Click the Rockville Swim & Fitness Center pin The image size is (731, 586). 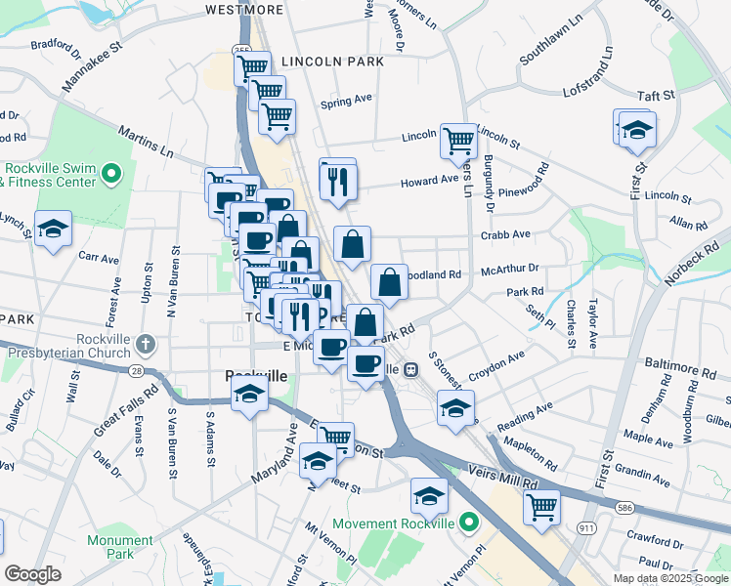(x=111, y=175)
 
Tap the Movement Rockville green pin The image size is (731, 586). (x=469, y=523)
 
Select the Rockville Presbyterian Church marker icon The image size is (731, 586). (x=146, y=344)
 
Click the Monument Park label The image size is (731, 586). (x=119, y=546)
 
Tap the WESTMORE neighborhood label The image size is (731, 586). (x=244, y=10)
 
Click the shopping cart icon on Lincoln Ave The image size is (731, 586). (x=458, y=140)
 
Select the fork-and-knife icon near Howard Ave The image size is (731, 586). (x=338, y=179)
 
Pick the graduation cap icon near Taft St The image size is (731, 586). (x=636, y=129)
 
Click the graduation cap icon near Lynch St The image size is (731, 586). (x=53, y=229)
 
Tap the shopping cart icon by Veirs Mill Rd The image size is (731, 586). (x=541, y=506)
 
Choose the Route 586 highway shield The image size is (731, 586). (x=625, y=508)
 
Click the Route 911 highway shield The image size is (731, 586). (x=586, y=527)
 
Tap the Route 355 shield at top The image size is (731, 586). (x=241, y=50)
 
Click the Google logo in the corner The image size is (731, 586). (x=32, y=574)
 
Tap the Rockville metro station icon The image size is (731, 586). (x=411, y=369)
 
